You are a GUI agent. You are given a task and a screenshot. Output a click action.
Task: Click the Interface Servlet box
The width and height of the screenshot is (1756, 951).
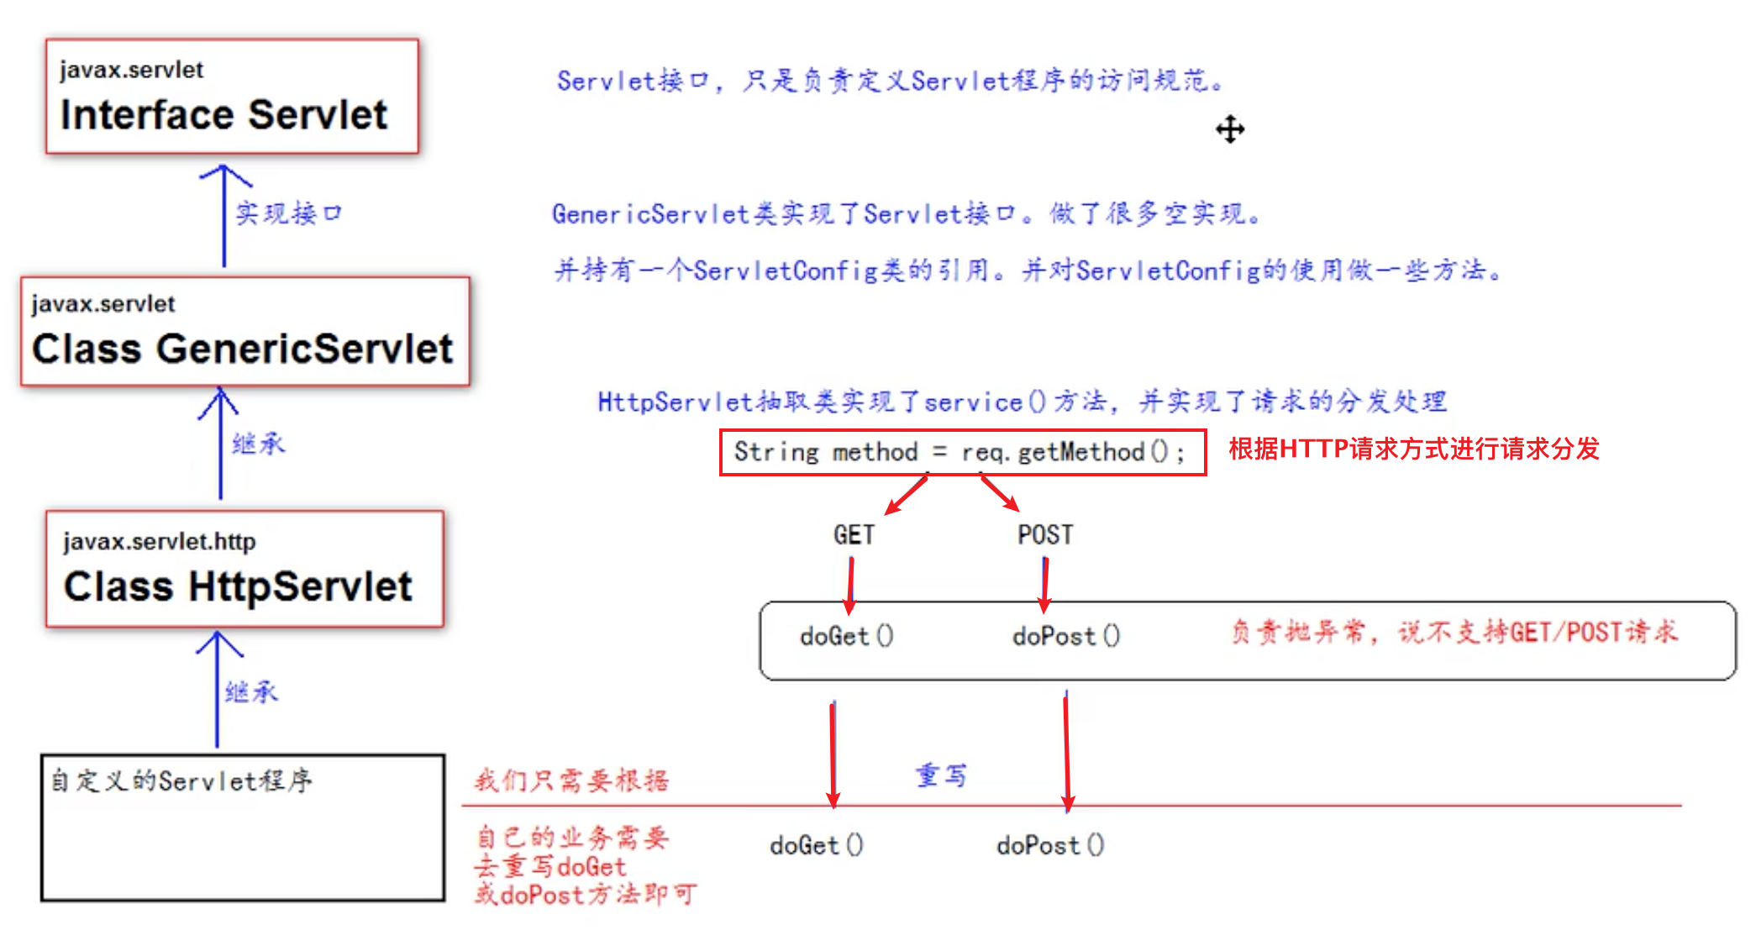[232, 97]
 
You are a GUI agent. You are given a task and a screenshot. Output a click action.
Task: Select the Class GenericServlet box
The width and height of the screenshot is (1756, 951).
[244, 332]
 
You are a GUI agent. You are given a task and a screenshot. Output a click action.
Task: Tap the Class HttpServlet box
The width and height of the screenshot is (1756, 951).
[244, 569]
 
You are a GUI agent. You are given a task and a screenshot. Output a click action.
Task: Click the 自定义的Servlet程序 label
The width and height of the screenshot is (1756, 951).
[181, 781]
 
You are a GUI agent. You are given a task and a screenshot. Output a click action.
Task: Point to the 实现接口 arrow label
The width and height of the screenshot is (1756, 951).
[288, 213]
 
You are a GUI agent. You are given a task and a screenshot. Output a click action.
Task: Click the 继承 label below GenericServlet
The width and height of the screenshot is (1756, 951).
[259, 444]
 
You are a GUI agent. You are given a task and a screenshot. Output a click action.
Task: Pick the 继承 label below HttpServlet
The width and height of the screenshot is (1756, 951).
[251, 692]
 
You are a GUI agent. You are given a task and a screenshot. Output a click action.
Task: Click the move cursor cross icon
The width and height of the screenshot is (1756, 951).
[1230, 129]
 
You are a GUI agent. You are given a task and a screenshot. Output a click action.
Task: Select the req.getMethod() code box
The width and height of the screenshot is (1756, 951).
[962, 453]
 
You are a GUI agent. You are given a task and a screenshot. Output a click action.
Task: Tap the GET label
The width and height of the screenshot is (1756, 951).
[854, 535]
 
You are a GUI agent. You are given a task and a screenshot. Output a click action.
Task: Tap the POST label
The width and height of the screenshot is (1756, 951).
[1045, 535]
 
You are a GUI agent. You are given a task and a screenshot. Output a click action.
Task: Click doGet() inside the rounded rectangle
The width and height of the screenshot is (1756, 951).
[847, 637]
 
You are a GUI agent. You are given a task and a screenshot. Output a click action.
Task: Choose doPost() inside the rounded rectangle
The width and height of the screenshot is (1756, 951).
[1066, 637]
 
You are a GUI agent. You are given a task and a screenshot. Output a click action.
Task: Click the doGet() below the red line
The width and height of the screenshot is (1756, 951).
[817, 846]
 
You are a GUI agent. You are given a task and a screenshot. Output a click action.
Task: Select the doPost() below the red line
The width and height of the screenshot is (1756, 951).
[1050, 846]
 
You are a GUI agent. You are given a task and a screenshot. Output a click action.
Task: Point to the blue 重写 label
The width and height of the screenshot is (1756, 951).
[941, 775]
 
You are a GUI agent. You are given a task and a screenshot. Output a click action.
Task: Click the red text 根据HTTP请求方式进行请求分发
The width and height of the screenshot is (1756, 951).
[1414, 449]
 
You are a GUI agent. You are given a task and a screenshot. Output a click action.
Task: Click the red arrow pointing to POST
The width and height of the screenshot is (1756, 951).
[1000, 494]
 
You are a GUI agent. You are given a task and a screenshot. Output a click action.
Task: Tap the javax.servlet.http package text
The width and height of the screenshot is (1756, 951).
[160, 542]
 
